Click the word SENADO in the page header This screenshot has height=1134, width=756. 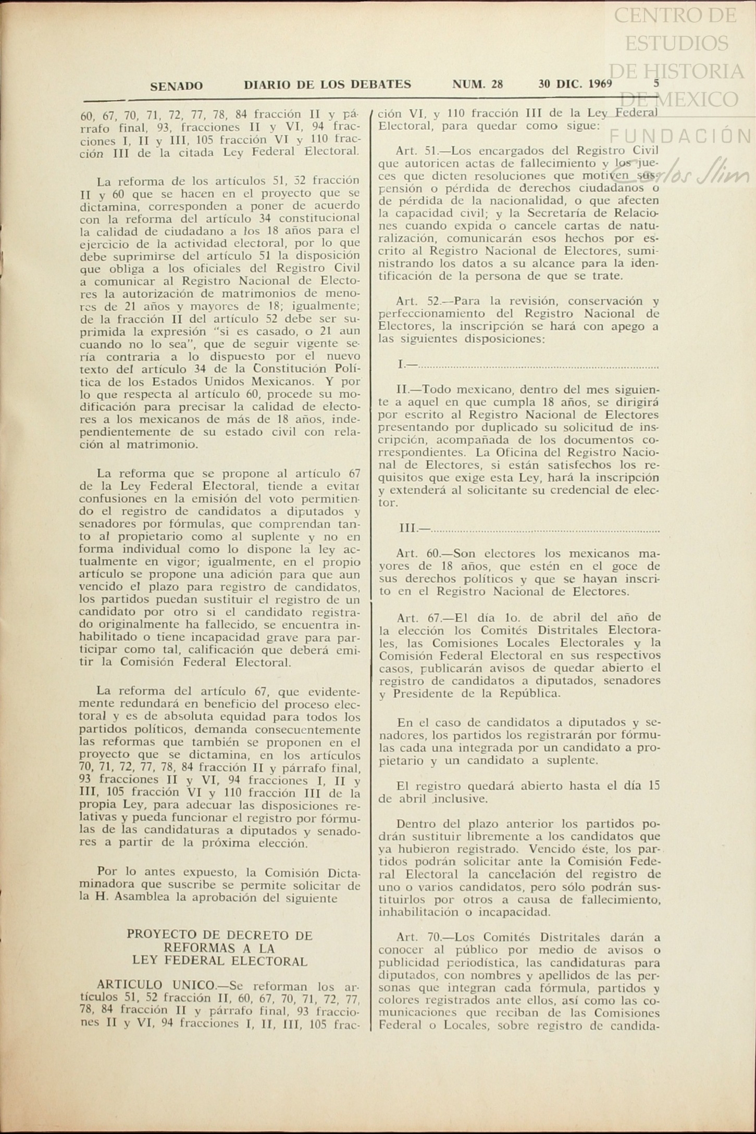point(176,86)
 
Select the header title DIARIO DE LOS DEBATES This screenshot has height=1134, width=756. point(327,84)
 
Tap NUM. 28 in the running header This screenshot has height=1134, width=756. point(477,84)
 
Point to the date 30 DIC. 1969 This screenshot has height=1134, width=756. point(575,84)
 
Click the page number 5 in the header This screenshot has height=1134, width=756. point(656,83)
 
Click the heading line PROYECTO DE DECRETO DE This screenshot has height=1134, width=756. point(219,936)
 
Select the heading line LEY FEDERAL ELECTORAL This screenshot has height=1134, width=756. point(219,961)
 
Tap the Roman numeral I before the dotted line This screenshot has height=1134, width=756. point(401,364)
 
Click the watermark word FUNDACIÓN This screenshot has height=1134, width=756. point(680,136)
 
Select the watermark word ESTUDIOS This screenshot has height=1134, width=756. point(676,43)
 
